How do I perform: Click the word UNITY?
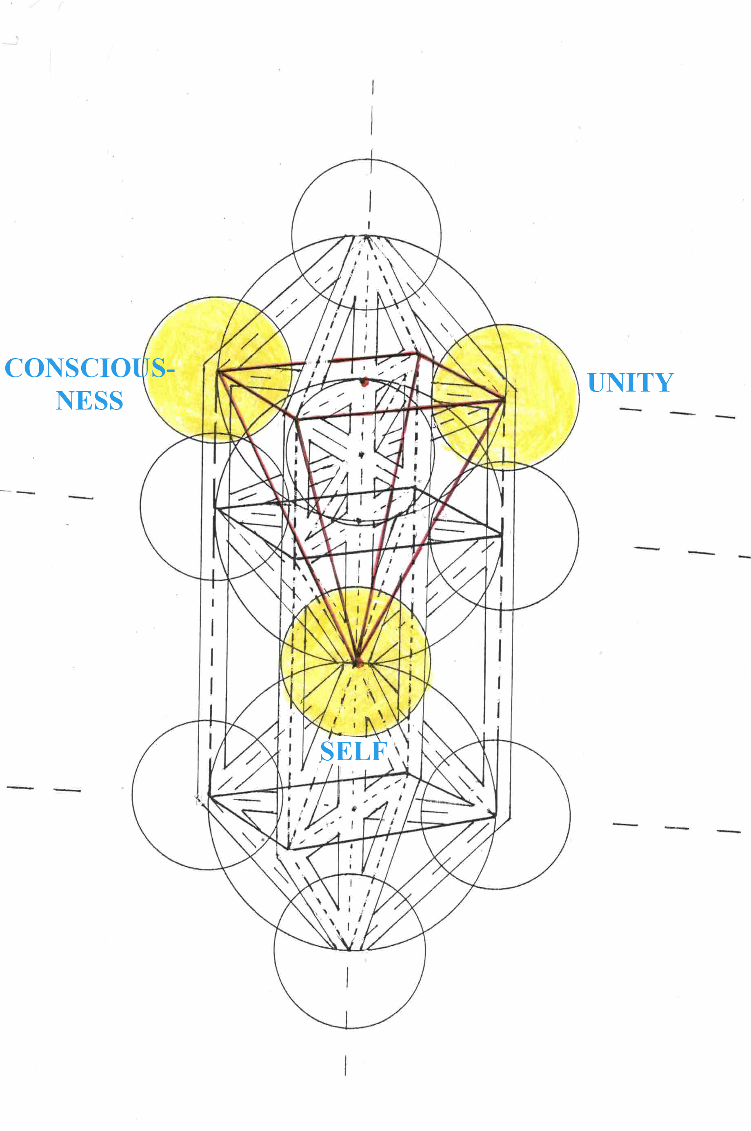coord(630,382)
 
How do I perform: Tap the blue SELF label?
coord(353,751)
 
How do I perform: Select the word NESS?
coord(89,401)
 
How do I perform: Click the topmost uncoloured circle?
coord(367,234)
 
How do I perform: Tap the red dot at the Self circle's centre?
coord(358,664)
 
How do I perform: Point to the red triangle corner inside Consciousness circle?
coord(218,370)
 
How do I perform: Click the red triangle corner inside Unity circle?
coord(503,398)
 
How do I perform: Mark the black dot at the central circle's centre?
coord(361,454)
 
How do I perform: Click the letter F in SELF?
coord(379,751)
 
